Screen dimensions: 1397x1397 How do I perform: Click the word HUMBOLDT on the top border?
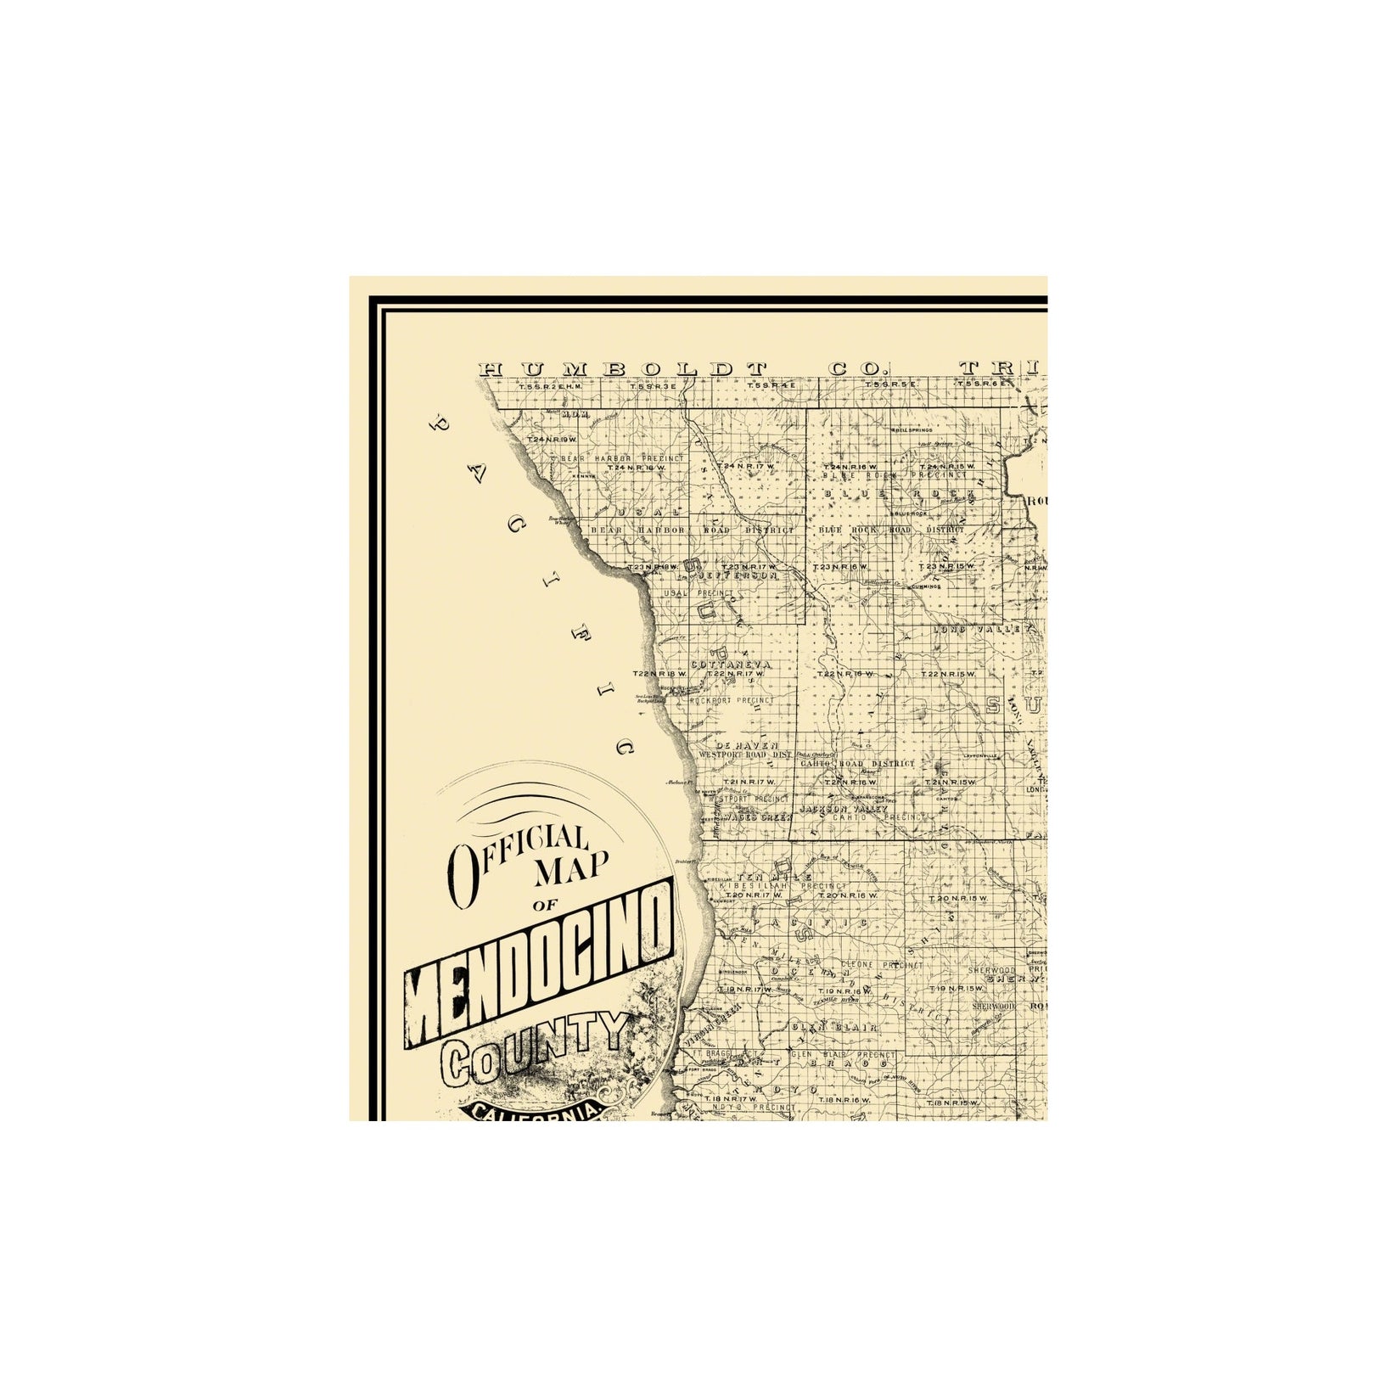[623, 369]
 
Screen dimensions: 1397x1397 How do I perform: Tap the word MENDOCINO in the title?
[541, 961]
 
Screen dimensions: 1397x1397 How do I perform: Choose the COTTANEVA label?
[731, 665]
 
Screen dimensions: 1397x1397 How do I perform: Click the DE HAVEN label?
[747, 744]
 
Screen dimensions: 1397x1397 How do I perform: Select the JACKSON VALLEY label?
[844, 809]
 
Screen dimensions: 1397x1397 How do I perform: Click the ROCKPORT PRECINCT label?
[732, 700]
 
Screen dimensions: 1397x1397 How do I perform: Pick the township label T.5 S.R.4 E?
[771, 385]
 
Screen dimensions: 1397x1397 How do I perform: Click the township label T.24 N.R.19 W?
[552, 440]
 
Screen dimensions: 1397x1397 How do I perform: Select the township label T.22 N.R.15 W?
[948, 674]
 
